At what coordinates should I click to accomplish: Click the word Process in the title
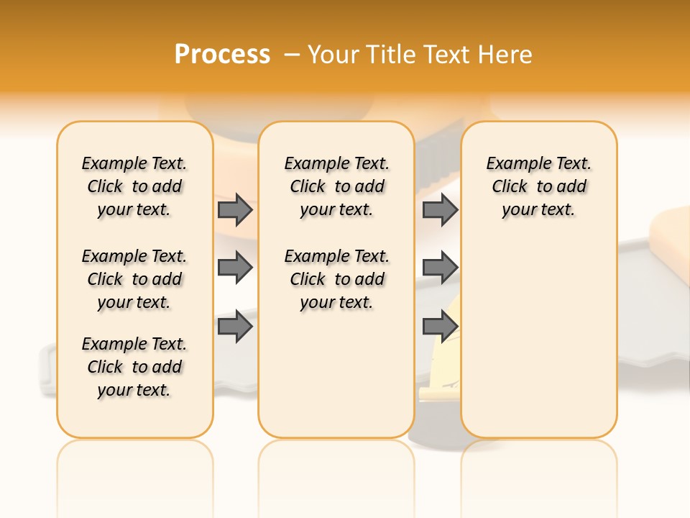[222, 55]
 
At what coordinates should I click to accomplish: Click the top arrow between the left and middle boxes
[235, 210]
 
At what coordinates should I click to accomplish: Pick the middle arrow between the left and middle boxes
[235, 268]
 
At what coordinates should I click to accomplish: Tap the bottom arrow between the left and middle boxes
[235, 327]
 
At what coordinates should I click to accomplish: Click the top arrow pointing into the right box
[440, 210]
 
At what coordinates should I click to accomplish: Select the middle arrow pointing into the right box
[440, 268]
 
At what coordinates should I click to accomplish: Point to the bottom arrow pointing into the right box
[440, 327]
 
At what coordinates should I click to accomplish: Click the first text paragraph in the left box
[134, 186]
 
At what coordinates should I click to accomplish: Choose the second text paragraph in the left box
[134, 279]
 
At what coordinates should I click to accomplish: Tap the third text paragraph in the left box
[134, 367]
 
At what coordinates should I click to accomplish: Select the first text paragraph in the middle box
[336, 186]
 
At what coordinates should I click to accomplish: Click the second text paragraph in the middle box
[336, 279]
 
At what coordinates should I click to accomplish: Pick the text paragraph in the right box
[538, 186]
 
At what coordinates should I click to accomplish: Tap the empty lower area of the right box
[538, 338]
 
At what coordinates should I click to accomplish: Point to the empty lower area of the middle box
[336, 374]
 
